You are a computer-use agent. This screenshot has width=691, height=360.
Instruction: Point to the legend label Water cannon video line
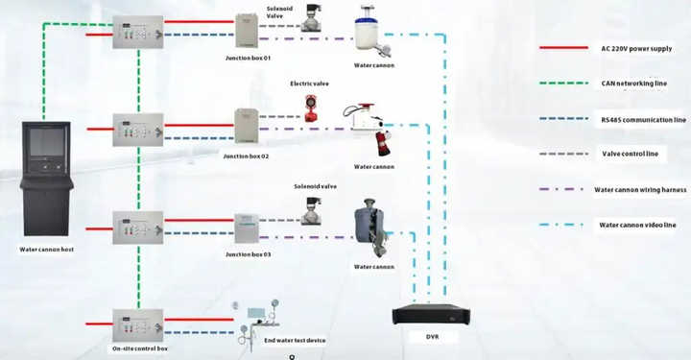tap(637, 225)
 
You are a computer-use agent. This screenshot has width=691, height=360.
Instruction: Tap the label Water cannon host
tap(47, 250)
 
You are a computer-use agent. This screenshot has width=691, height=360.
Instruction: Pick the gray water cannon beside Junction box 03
tap(369, 227)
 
